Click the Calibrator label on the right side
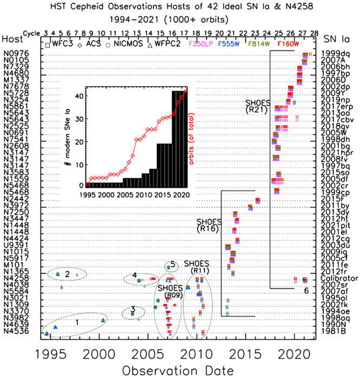click(x=336, y=279)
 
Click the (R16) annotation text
click(x=206, y=229)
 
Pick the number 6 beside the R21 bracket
click(x=306, y=291)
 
